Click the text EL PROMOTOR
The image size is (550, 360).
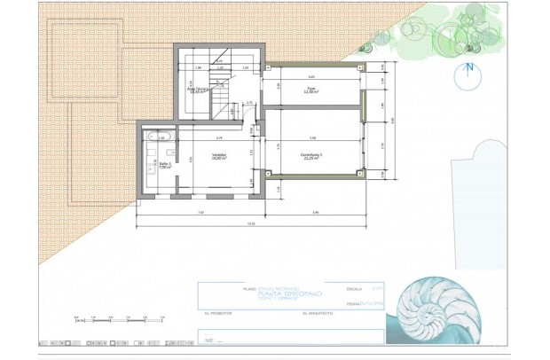218,312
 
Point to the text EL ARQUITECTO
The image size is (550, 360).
318,312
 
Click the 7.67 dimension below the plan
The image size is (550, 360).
200,213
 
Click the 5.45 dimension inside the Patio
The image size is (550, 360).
310,78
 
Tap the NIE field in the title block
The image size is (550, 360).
213,338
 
